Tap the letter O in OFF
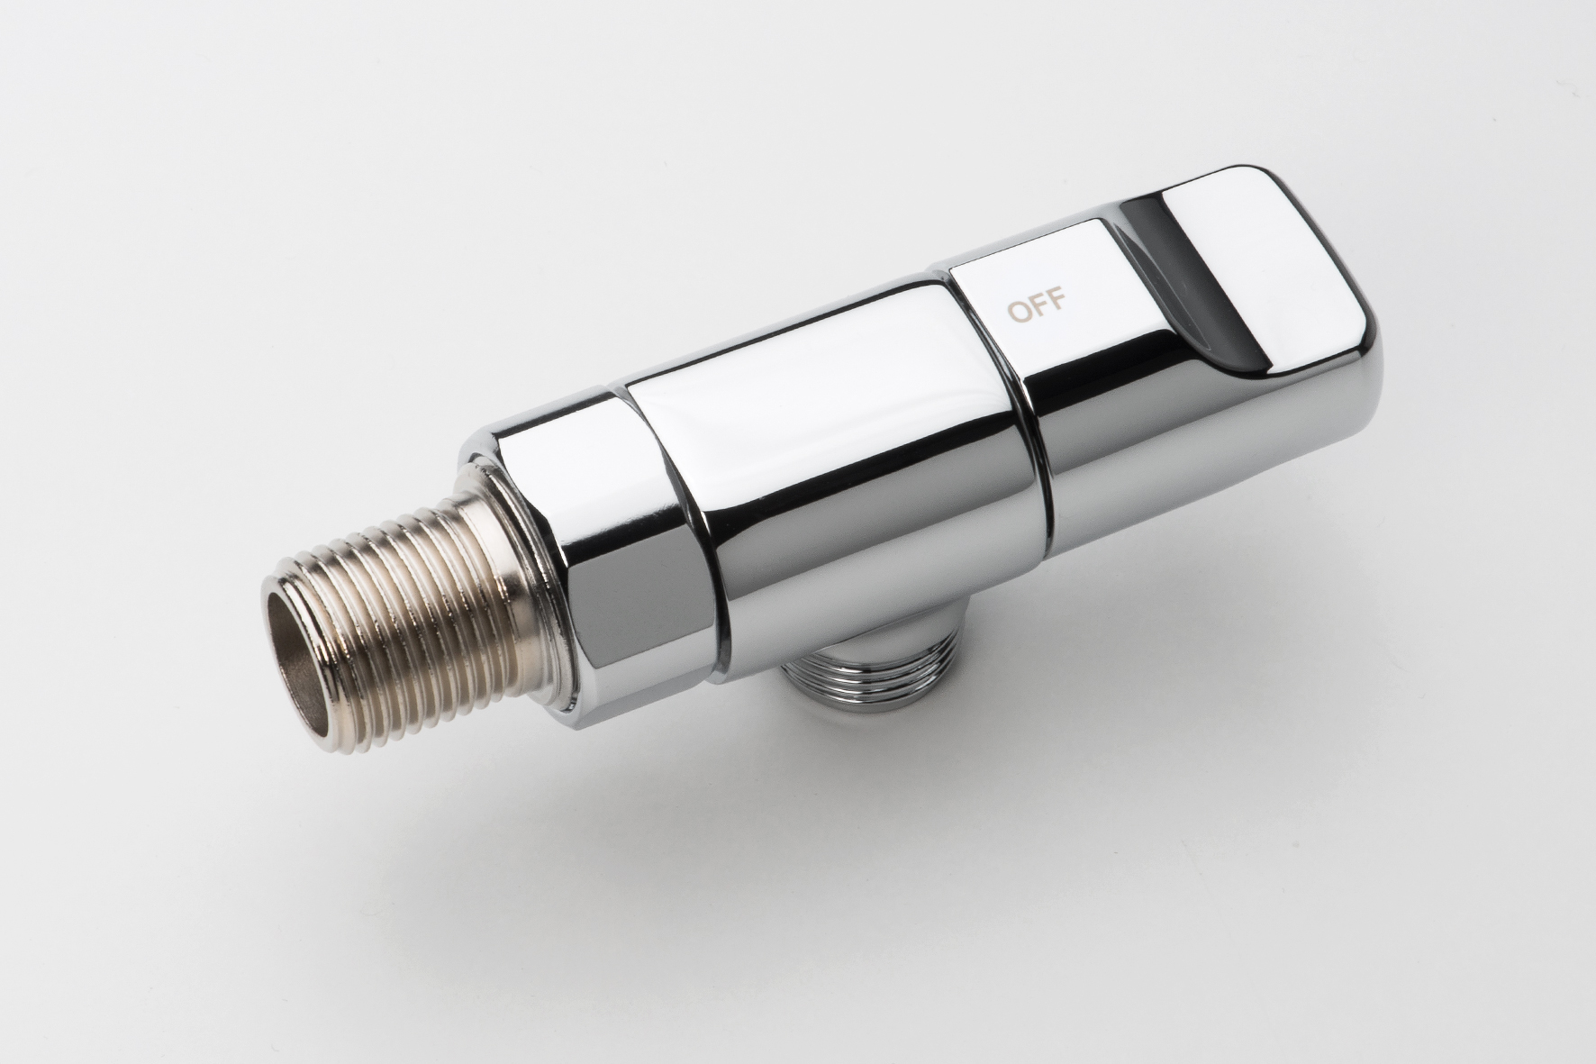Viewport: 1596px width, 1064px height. (1018, 312)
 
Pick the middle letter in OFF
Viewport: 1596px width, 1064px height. (1038, 305)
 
